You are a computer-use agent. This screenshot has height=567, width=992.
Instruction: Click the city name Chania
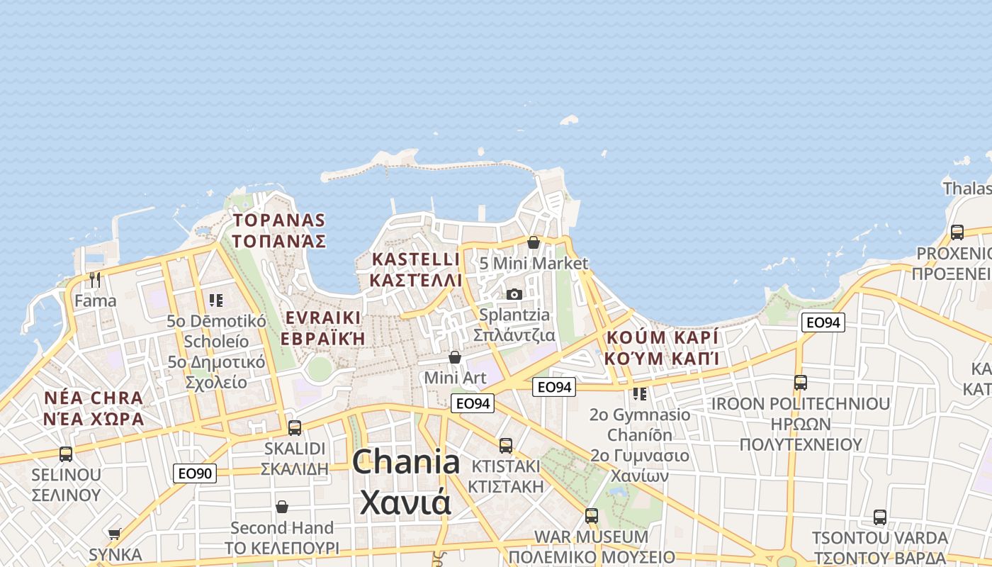[406, 463]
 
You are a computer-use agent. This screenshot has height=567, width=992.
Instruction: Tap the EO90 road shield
[194, 473]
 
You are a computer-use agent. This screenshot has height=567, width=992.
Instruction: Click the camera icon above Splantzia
[514, 294]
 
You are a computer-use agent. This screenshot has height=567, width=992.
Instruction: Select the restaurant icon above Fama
[95, 280]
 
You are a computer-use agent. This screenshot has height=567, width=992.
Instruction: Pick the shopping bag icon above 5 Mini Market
[534, 242]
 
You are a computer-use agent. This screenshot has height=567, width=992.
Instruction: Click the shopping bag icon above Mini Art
[455, 357]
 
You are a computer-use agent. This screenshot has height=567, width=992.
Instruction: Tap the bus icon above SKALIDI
[295, 428]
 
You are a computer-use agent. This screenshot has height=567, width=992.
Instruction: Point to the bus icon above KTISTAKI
[506, 446]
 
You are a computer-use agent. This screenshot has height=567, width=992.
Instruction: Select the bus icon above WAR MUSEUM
[592, 516]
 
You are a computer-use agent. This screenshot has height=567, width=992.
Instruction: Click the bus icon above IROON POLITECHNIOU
[801, 383]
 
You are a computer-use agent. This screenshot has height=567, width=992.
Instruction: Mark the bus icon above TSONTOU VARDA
[880, 517]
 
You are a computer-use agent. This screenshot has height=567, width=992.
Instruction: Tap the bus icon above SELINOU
[66, 454]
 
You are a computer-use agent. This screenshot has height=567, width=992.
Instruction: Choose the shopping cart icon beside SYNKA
[115, 534]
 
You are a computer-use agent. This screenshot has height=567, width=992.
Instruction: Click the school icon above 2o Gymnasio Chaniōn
[640, 393]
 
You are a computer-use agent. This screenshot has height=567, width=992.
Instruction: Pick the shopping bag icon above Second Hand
[282, 507]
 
